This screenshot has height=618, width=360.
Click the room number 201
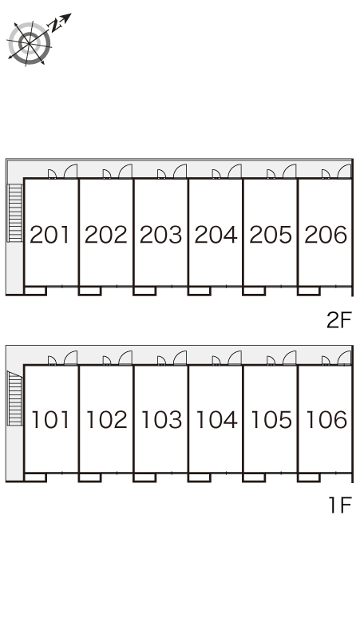click(49, 235)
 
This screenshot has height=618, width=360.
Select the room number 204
click(216, 235)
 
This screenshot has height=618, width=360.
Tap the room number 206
click(326, 235)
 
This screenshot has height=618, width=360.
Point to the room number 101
click(50, 419)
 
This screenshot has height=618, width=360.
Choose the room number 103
click(161, 419)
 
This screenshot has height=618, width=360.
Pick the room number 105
click(271, 419)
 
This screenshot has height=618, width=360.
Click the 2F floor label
click(338, 319)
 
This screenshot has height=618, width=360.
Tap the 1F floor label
click(339, 505)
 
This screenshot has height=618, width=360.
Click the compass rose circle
click(30, 42)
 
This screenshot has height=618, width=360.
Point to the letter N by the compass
click(56, 26)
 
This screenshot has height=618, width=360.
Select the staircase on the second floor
click(15, 212)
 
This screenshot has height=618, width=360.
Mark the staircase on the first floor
click(15, 398)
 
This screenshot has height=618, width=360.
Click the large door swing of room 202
click(125, 171)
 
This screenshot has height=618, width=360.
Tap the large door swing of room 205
click(290, 171)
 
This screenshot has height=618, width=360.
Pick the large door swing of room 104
click(235, 358)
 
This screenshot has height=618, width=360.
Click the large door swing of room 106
click(344, 358)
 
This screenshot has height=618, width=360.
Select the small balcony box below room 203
click(144, 291)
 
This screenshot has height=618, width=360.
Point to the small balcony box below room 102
click(90, 477)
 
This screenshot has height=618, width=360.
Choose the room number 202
click(106, 235)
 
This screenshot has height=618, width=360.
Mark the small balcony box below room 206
click(309, 291)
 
